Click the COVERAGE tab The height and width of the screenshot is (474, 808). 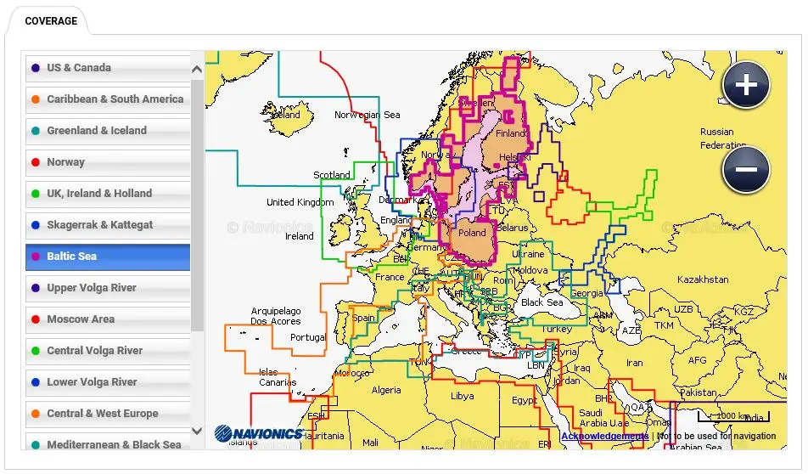51,21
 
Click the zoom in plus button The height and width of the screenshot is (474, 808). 746,85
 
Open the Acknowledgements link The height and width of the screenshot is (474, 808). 604,437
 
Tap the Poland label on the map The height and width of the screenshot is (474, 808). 472,233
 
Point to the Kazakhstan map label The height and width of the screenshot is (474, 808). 702,279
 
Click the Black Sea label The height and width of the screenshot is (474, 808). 541,302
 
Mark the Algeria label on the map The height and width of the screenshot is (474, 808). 386,391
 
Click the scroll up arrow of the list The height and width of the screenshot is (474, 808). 198,70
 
